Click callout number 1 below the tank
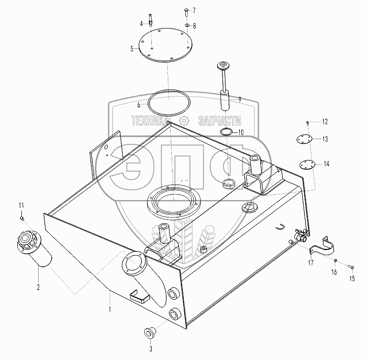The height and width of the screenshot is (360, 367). [x=110, y=307]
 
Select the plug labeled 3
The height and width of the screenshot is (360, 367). [x=150, y=333]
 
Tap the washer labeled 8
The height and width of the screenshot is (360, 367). [x=187, y=25]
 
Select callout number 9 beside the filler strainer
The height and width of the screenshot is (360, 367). [x=239, y=100]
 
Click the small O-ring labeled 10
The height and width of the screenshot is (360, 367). [x=226, y=132]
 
